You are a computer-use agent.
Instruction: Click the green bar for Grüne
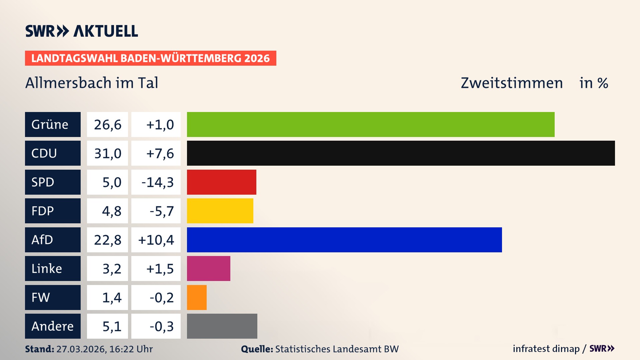pos(371,124)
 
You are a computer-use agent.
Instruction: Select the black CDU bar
pos(401,153)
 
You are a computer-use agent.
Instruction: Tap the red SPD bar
pos(221,182)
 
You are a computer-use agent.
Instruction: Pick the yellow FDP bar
pos(220,211)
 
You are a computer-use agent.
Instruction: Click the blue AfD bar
pos(344,240)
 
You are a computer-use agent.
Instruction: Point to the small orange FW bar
pos(197,297)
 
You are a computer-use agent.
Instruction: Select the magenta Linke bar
pos(208,268)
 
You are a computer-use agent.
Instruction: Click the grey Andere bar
pos(222,326)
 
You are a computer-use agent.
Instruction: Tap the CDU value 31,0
pos(107,153)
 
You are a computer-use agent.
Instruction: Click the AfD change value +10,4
pos(156,240)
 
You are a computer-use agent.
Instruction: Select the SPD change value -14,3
pos(157,182)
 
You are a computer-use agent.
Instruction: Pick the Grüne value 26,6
pos(107,125)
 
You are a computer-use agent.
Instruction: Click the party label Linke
pos(47,269)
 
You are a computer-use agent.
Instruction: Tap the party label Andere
pos(52,326)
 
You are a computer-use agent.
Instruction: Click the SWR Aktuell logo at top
pos(81,31)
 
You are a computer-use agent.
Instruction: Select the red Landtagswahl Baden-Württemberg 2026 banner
pos(150,58)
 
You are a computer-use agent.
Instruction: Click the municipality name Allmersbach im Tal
pos(92,83)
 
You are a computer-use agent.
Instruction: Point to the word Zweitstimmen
pos(511,83)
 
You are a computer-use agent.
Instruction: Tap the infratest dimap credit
pos(546,349)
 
